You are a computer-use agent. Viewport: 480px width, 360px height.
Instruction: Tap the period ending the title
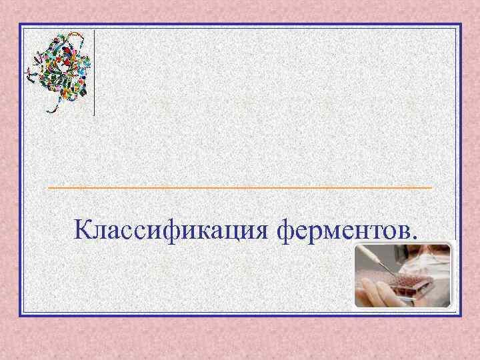click(417, 237)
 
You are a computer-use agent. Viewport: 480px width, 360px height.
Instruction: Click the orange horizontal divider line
click(240, 189)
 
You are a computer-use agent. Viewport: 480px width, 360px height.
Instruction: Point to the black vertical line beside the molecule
click(94, 73)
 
